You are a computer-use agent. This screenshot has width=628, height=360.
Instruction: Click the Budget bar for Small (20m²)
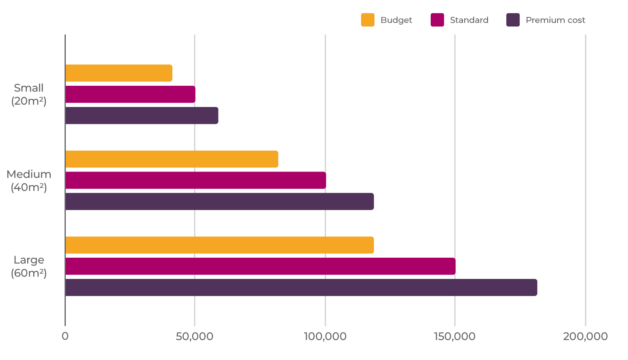(119, 73)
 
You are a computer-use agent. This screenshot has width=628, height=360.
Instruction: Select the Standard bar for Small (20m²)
(130, 94)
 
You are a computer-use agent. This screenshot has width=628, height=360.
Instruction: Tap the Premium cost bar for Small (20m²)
(142, 115)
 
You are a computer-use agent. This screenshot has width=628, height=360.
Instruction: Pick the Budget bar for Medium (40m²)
(172, 159)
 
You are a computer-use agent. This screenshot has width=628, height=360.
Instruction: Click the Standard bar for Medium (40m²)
(196, 180)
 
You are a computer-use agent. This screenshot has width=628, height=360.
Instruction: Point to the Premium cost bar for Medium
(219, 202)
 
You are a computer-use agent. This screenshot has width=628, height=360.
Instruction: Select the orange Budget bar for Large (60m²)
(219, 245)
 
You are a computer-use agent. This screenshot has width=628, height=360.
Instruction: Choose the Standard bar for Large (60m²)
(260, 266)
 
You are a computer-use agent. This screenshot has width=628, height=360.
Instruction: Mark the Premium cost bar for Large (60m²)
(301, 287)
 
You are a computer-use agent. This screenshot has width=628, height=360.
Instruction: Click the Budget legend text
(396, 20)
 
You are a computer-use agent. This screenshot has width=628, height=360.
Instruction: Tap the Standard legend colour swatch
(437, 20)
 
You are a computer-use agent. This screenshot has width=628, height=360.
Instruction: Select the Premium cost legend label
(555, 20)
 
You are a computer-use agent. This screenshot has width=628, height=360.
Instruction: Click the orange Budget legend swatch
(367, 20)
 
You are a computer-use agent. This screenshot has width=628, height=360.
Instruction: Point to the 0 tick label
(65, 336)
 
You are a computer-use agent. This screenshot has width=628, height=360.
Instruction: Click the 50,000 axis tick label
(194, 337)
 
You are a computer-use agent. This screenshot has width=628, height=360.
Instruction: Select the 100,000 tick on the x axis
(325, 337)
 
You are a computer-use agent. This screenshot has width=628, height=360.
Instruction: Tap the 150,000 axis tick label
(454, 337)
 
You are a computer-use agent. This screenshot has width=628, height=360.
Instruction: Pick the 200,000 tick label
(585, 337)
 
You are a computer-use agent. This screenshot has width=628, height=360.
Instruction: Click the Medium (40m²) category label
(29, 180)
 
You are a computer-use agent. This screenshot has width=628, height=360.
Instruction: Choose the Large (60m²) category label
(29, 266)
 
